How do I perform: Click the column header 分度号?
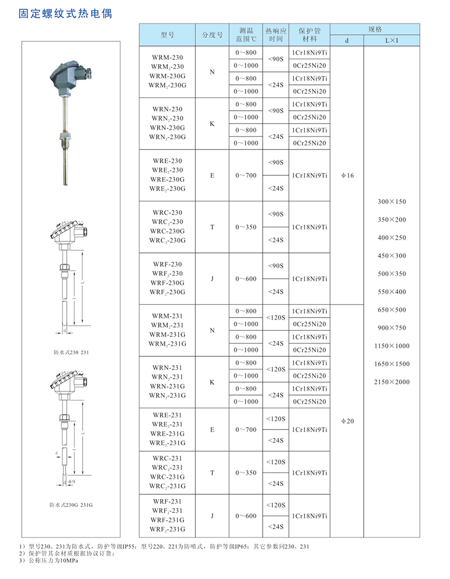tap(212, 35)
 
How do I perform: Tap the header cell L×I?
tap(392, 40)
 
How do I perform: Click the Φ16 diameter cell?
tap(348, 176)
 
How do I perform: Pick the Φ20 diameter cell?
tap(348, 421)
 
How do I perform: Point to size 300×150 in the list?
tap(392, 202)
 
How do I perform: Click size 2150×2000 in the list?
tap(392, 382)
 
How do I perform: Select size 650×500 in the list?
tap(392, 310)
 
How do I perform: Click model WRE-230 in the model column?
tap(167, 161)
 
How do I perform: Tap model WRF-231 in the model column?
tap(167, 501)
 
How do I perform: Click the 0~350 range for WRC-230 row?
tap(246, 227)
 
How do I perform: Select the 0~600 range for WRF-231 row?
tap(246, 516)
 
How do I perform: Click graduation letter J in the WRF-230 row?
tap(212, 279)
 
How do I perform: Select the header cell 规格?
tap(375, 29)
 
